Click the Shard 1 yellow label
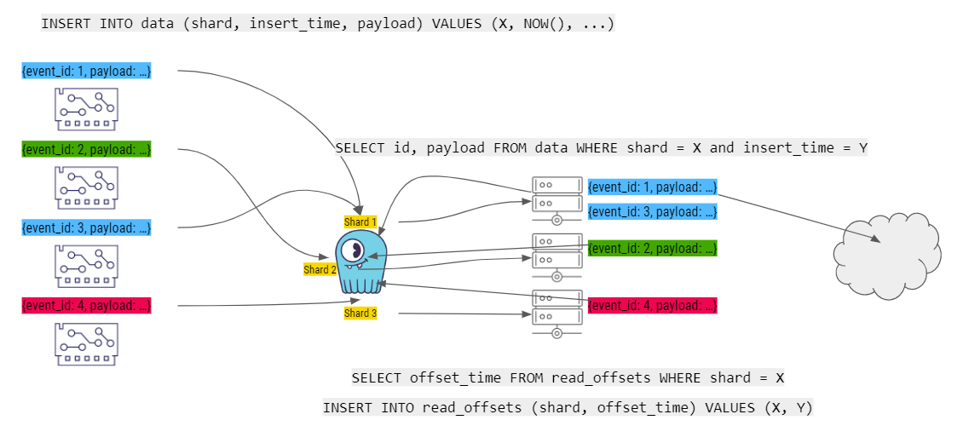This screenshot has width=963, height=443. click(x=360, y=222)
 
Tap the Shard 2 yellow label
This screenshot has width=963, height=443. click(x=320, y=269)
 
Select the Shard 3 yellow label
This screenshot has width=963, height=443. click(x=360, y=314)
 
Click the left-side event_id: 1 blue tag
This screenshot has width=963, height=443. click(x=87, y=72)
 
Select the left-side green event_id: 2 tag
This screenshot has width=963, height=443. click(x=87, y=150)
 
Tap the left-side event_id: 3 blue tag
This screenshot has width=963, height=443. click(x=87, y=227)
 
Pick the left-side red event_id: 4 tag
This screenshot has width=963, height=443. click(x=87, y=305)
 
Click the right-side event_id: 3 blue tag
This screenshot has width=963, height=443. click(x=653, y=211)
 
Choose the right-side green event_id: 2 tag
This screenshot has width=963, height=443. click(x=653, y=248)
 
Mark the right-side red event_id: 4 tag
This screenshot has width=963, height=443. click(x=653, y=305)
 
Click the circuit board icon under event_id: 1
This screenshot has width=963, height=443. click(x=86, y=106)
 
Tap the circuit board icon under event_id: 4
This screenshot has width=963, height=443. click(x=86, y=342)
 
